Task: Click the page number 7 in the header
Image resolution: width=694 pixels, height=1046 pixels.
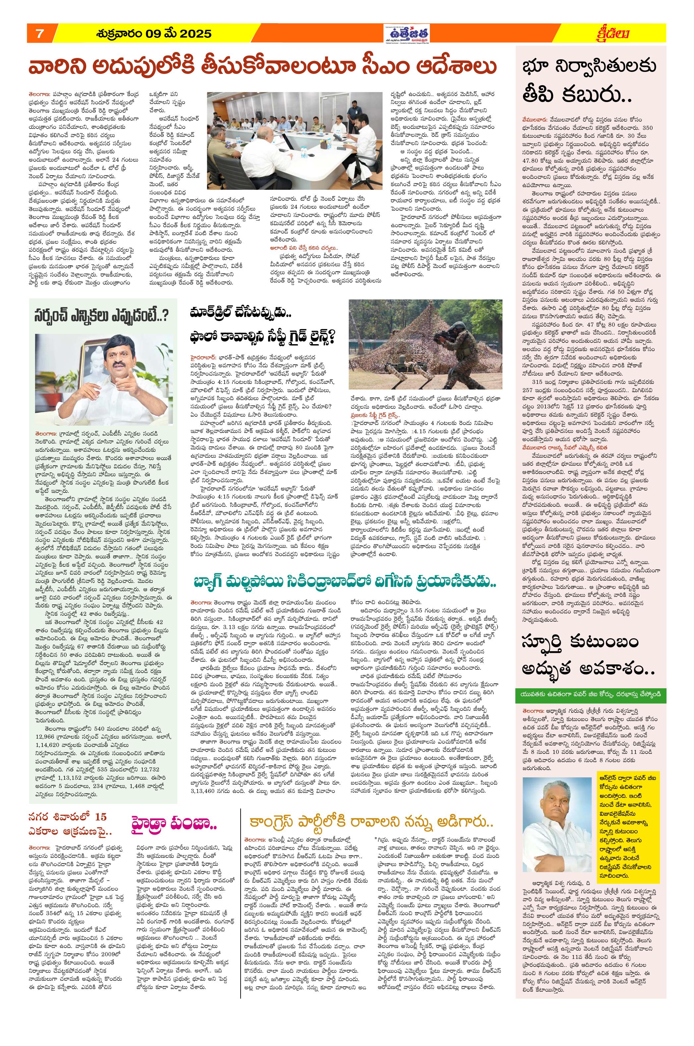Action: pyautogui.click(x=39, y=33)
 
